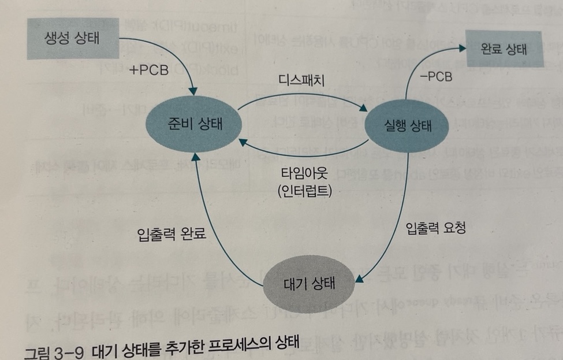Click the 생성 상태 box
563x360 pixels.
72,38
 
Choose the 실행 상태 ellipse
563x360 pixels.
408,127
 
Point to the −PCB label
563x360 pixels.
432,76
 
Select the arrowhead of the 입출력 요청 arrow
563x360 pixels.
359,279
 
